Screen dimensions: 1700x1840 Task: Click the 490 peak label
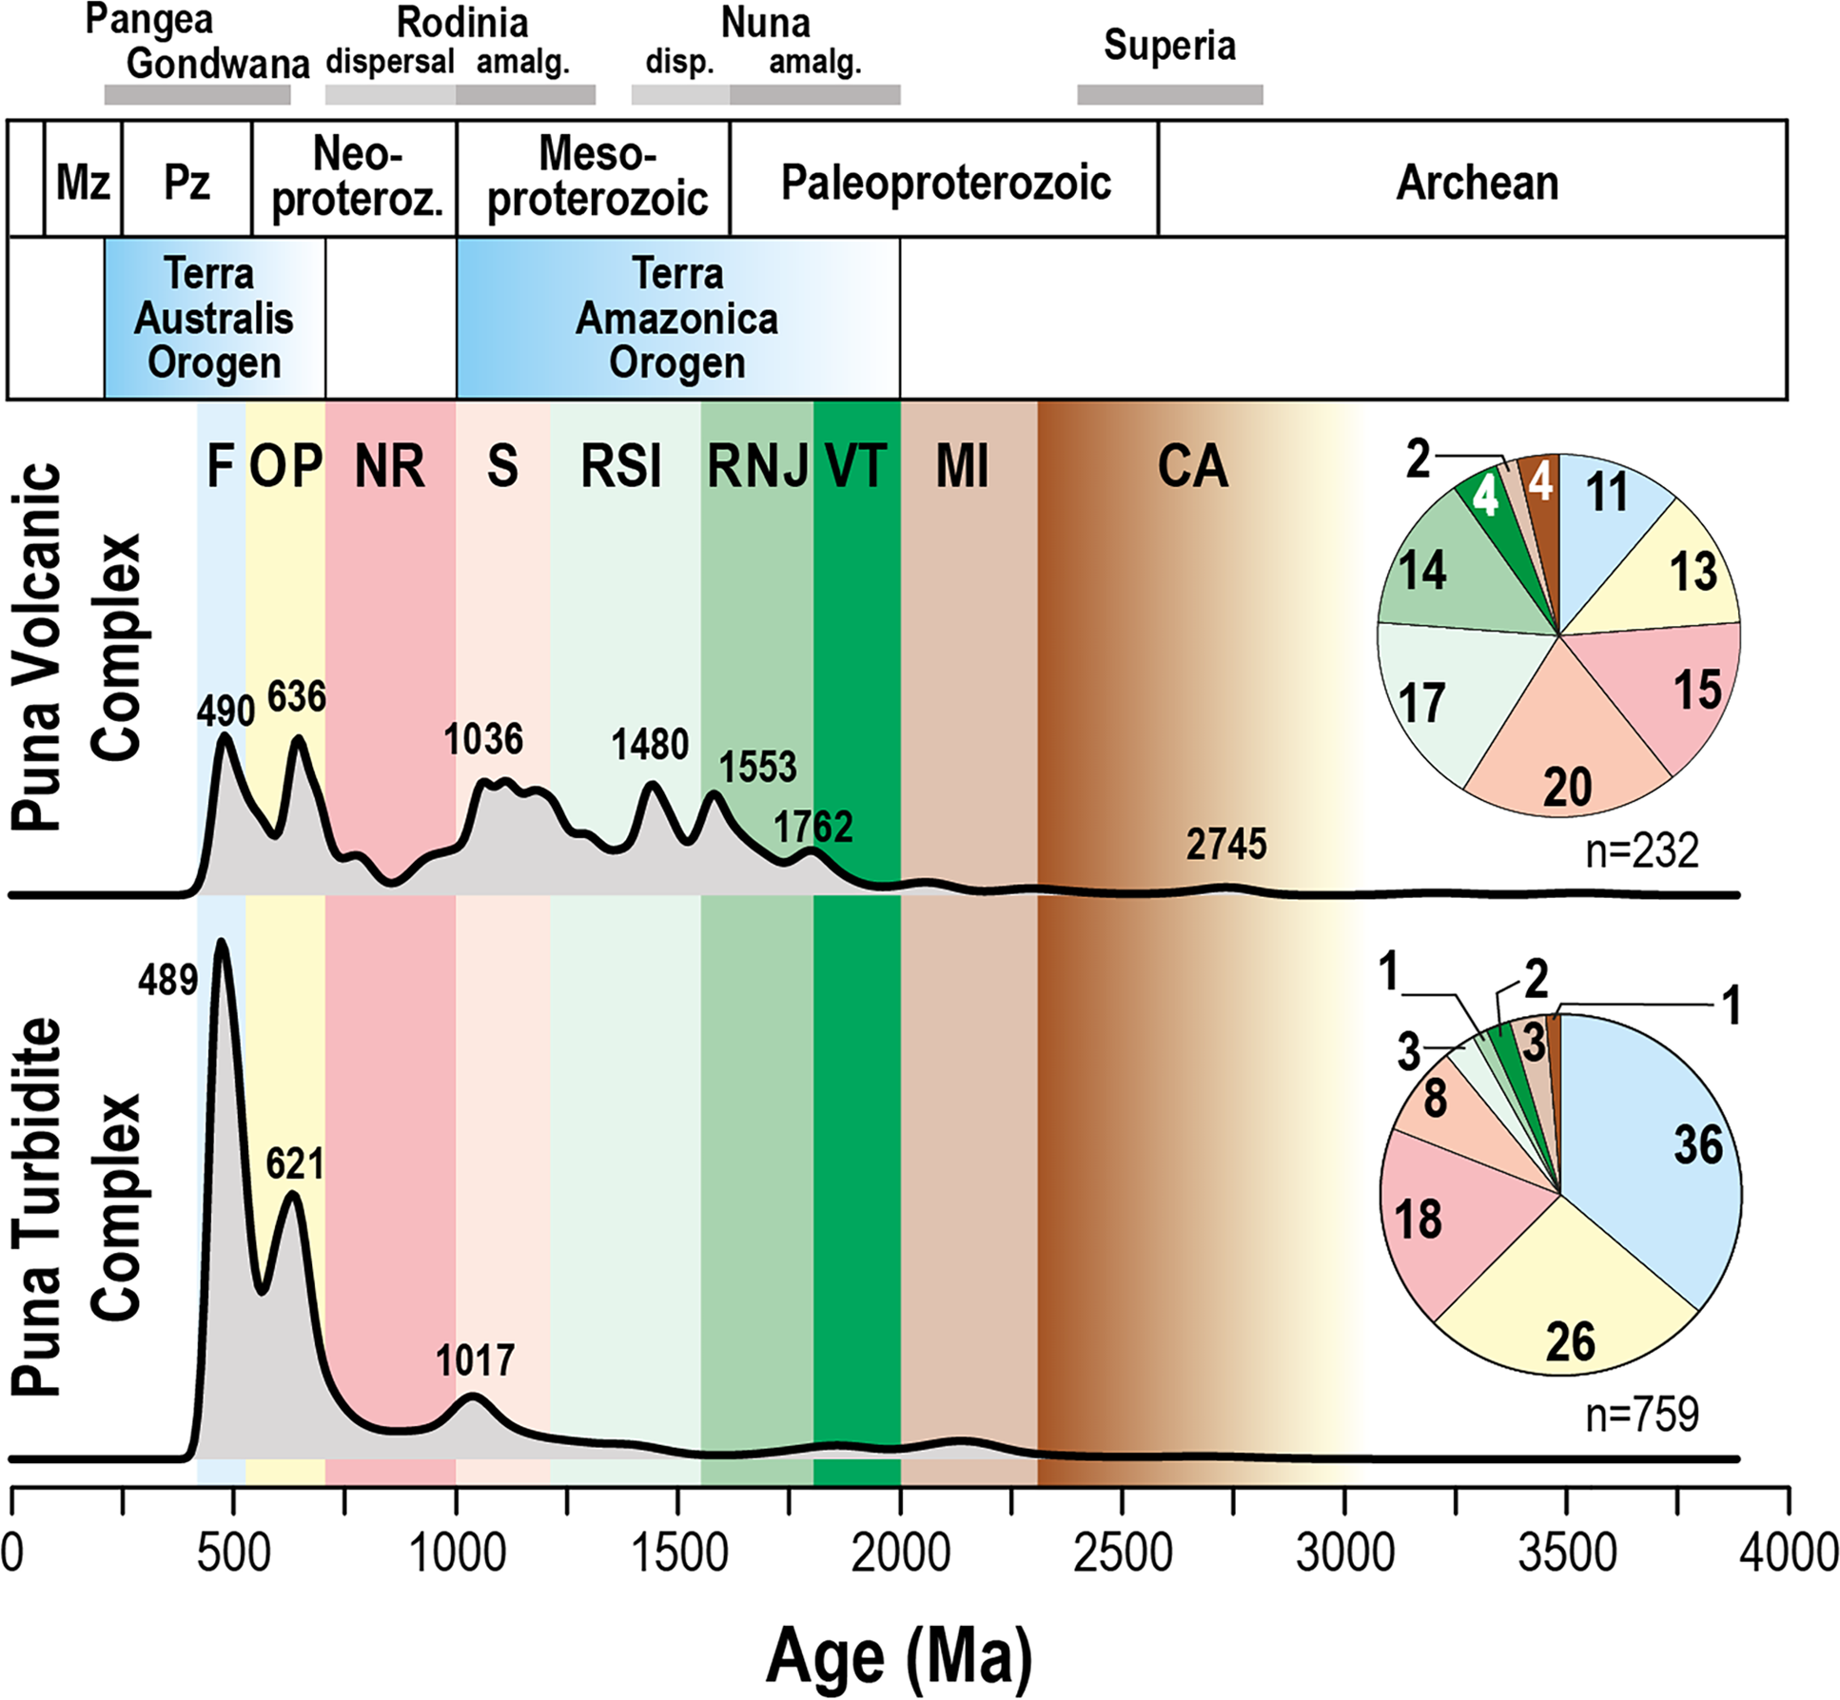(225, 711)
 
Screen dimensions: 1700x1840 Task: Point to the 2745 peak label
(1225, 845)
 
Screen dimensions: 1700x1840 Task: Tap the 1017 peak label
(475, 1360)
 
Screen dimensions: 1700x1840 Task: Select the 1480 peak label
(650, 744)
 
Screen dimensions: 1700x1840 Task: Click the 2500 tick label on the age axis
(1123, 1553)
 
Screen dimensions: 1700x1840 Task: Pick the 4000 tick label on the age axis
(1789, 1553)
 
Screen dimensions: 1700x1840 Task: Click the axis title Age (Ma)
(898, 1656)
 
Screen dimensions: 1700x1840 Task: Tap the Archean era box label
(1477, 183)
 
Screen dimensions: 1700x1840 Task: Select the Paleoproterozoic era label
(945, 183)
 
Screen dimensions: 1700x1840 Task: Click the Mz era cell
(83, 182)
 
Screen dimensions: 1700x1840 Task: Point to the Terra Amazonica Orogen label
(676, 319)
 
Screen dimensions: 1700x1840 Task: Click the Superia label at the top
(1169, 45)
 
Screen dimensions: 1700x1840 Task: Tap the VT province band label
(856, 466)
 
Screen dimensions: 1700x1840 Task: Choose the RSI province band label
(620, 466)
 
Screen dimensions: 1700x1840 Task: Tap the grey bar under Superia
(1169, 94)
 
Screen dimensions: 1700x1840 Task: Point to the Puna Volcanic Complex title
(76, 647)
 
